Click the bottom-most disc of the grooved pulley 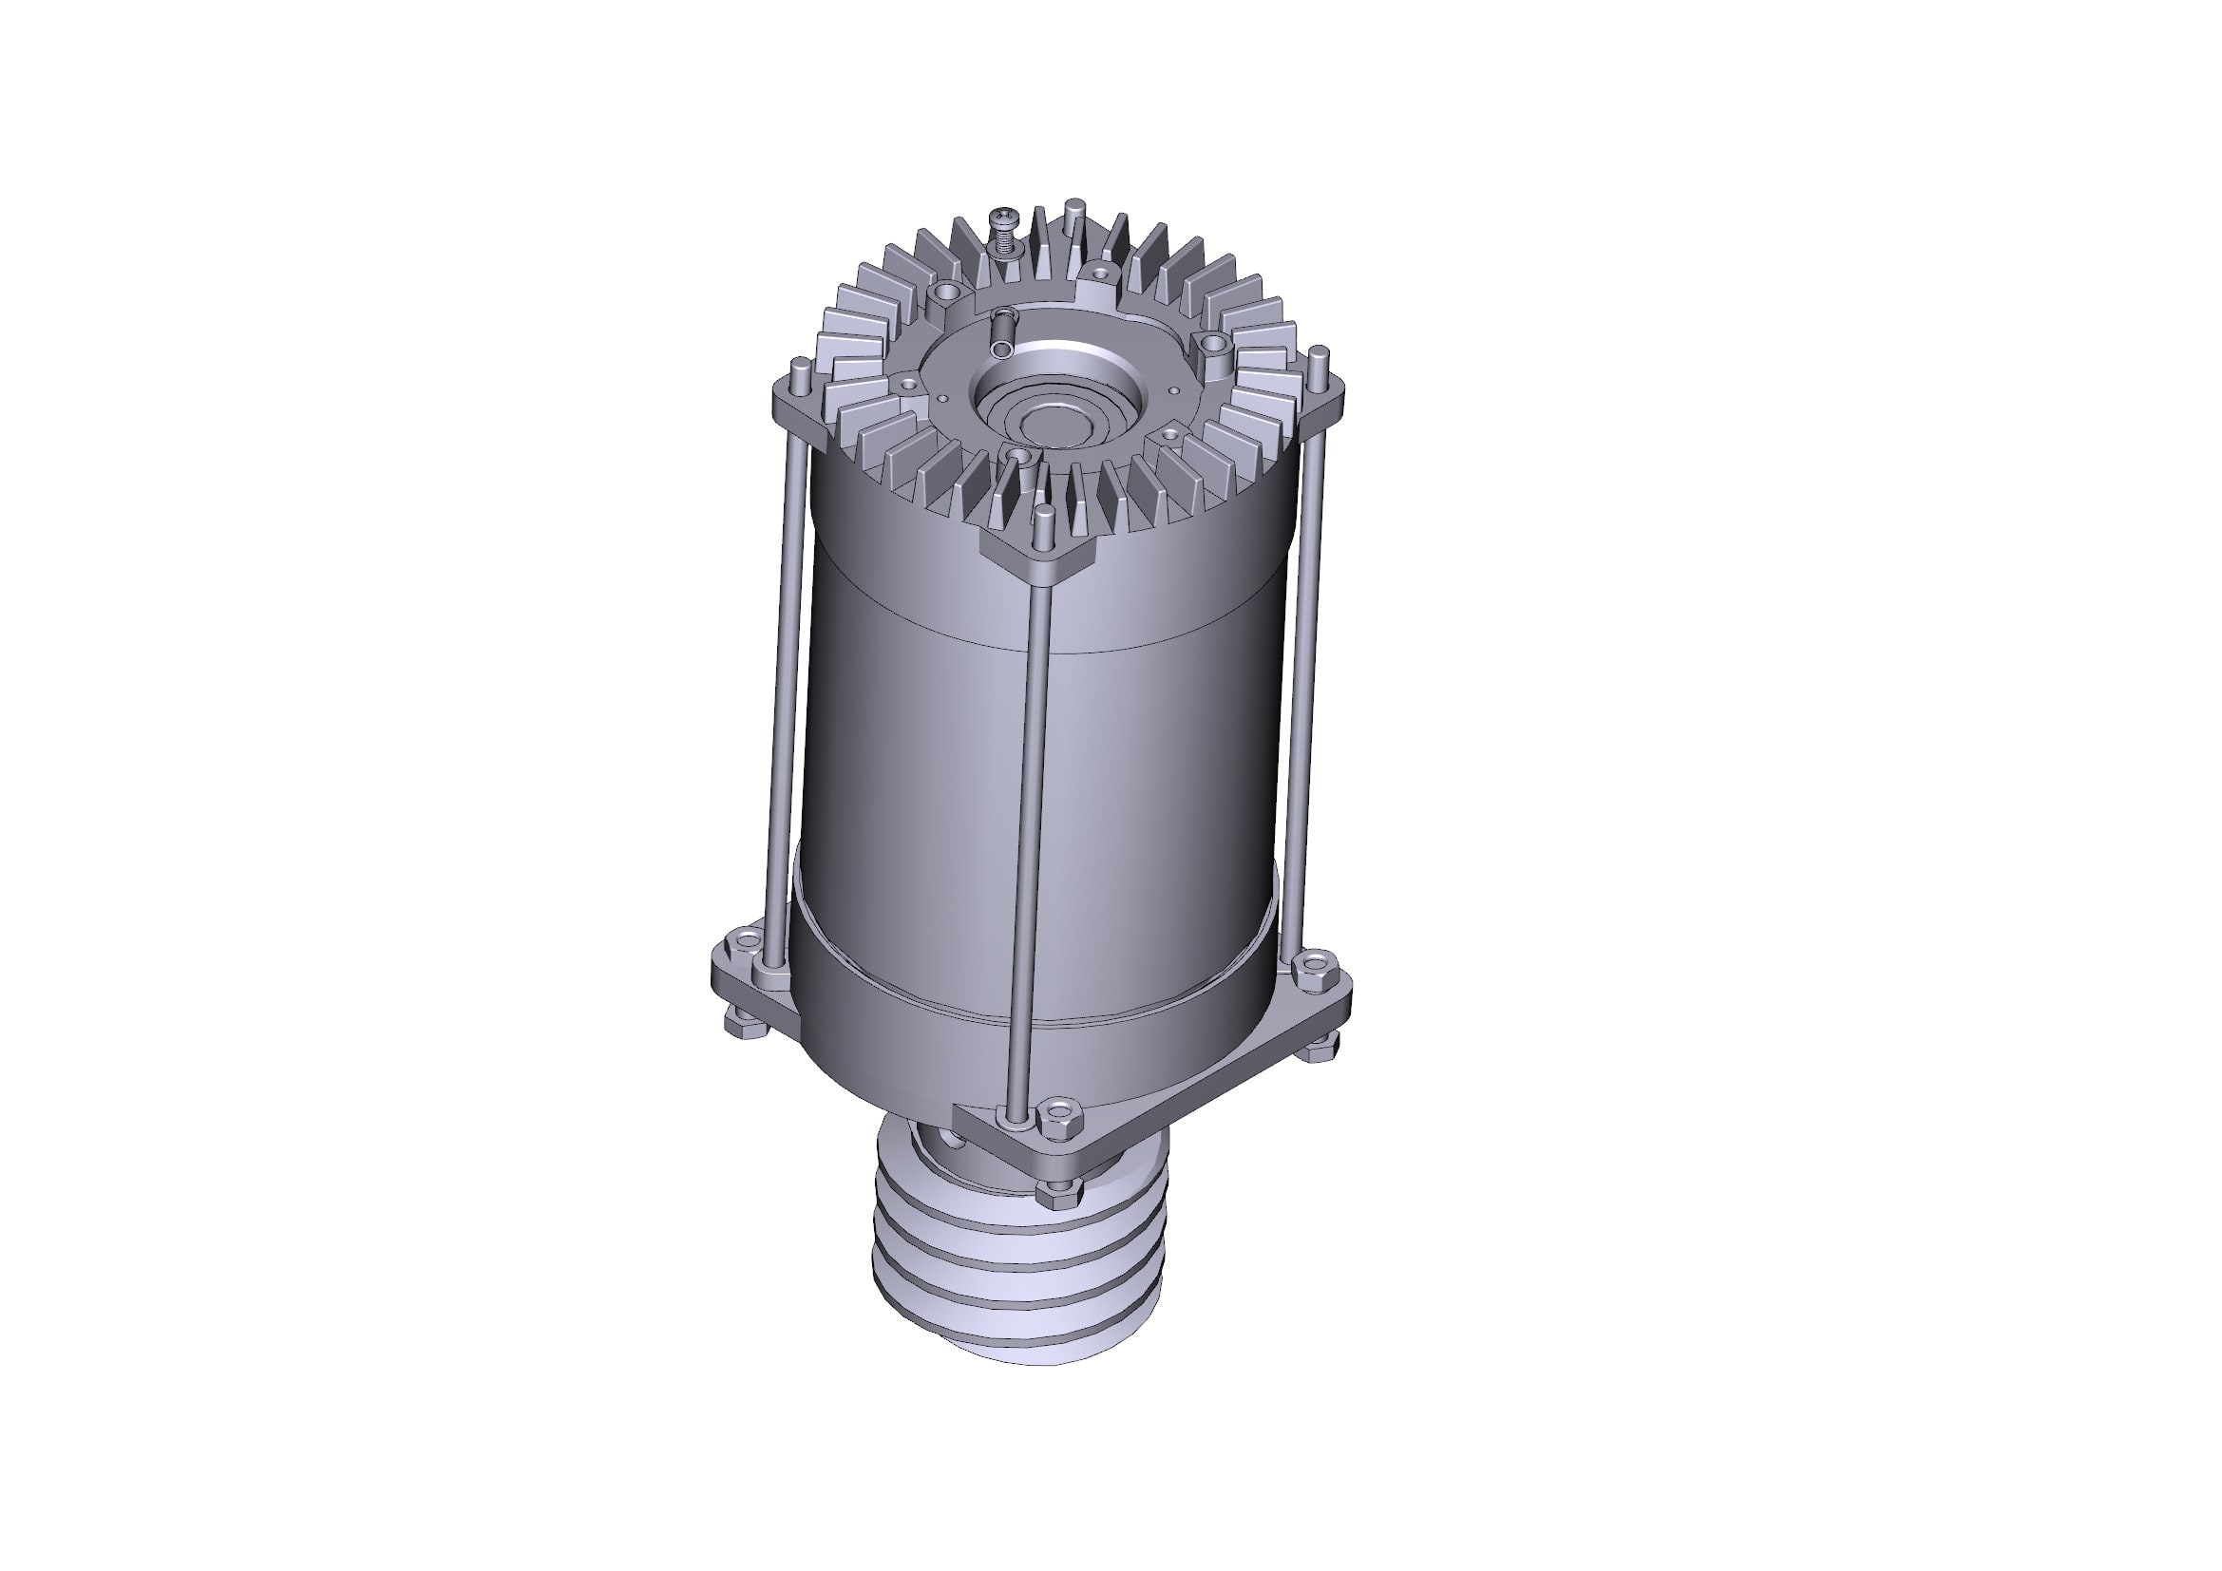(x=1016, y=1347)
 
